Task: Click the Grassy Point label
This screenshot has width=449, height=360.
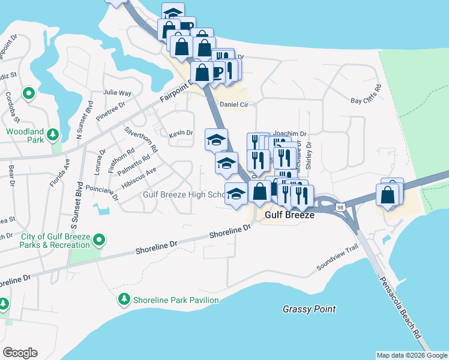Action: tap(309, 309)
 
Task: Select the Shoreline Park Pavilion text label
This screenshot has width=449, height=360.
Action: tap(176, 299)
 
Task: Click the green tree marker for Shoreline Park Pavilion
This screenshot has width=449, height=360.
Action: tap(124, 299)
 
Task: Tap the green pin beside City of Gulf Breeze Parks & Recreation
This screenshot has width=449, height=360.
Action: tap(100, 241)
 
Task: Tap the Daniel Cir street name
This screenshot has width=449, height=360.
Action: tap(234, 104)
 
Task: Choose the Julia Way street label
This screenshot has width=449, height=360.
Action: tap(117, 93)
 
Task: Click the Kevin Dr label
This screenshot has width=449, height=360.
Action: tap(181, 133)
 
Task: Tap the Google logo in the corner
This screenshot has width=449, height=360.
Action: tap(20, 352)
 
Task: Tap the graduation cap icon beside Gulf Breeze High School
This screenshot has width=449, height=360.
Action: tap(236, 193)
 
